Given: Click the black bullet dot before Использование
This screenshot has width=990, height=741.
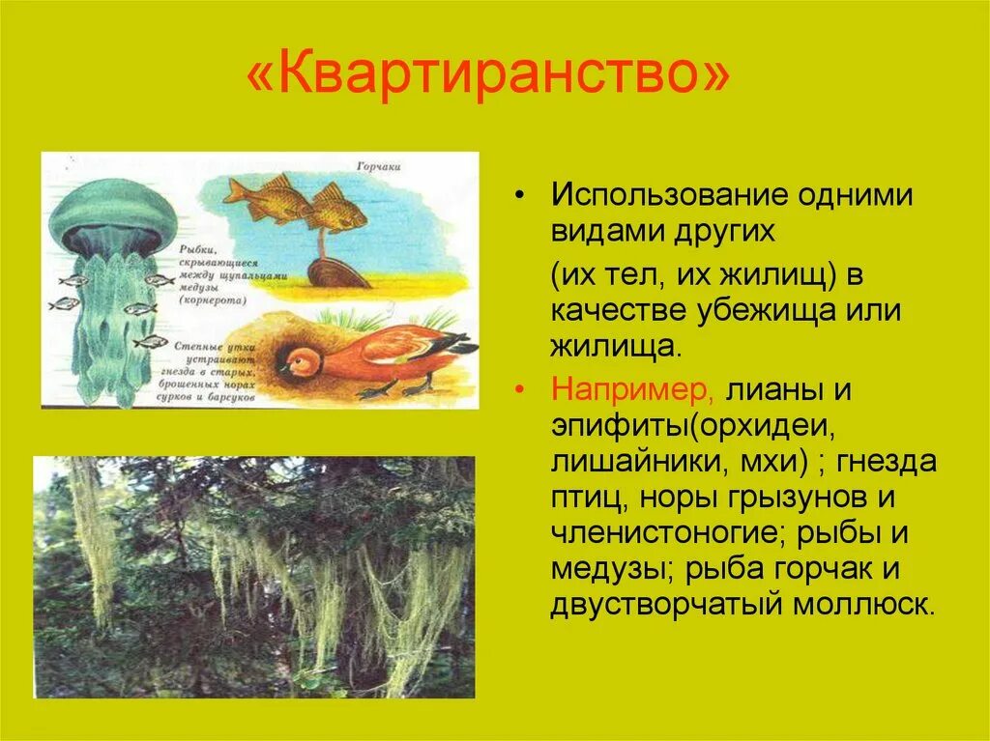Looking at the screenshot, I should click(521, 194).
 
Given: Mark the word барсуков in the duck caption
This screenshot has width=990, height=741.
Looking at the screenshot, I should click(238, 396).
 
